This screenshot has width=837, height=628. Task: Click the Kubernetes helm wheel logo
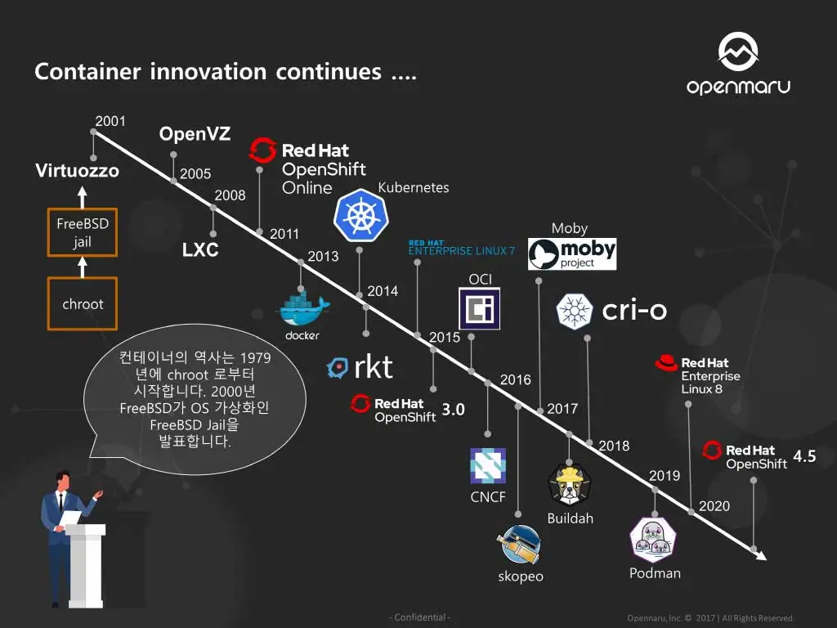tap(360, 215)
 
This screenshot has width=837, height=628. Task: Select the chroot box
tap(83, 303)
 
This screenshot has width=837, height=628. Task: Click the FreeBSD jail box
tap(83, 232)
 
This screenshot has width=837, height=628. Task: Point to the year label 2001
tap(110, 121)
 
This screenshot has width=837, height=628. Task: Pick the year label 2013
tap(323, 256)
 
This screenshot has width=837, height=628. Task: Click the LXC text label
tap(200, 249)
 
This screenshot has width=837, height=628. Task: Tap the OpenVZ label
tap(195, 133)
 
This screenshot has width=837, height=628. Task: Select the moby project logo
tap(571, 254)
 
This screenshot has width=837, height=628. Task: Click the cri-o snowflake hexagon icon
tap(575, 311)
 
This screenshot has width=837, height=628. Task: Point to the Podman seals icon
tap(653, 540)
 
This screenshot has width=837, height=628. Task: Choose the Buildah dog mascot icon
tap(570, 485)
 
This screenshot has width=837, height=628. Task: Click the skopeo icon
tap(519, 544)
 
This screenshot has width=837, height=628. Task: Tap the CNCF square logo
tap(488, 465)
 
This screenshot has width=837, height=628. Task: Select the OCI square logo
tap(479, 308)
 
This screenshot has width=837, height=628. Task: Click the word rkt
tap(374, 367)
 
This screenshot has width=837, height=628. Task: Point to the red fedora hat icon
tap(666, 362)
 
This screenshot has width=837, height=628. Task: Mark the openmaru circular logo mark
tap(738, 52)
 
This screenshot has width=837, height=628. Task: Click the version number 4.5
tap(804, 456)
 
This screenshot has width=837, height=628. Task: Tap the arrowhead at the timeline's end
tap(762, 555)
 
